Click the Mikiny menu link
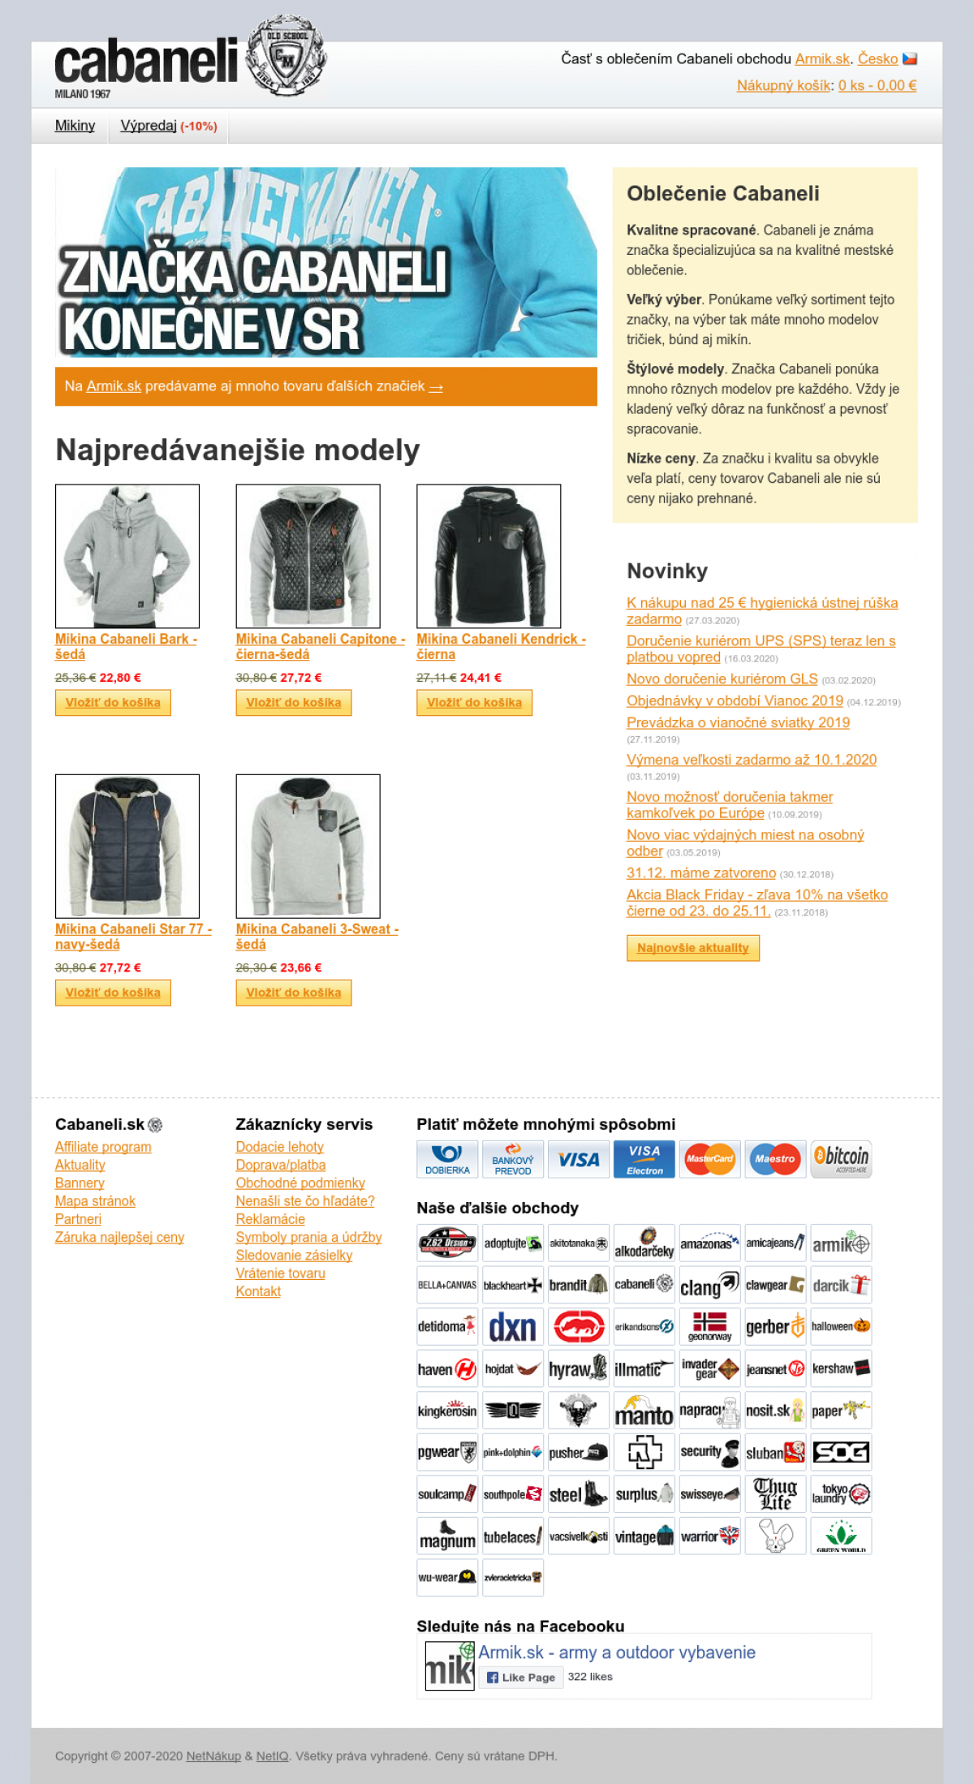[x=75, y=126]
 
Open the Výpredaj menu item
[x=149, y=126]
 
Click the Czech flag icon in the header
[x=910, y=58]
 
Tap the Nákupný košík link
[x=784, y=85]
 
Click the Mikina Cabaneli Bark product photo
[x=127, y=556]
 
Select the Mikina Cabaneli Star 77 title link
[x=133, y=937]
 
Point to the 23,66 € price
[x=301, y=967]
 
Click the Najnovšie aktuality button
[x=693, y=948]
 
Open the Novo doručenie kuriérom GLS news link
[x=722, y=679]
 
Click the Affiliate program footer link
[x=103, y=1147]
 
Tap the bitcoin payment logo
[x=841, y=1158]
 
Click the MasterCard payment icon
[x=709, y=1158]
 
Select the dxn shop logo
[x=512, y=1327]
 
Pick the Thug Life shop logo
[x=775, y=1494]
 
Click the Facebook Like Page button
[x=520, y=1677]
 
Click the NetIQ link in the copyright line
[x=272, y=1756]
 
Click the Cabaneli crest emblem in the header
[x=286, y=57]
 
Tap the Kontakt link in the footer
[x=258, y=1291]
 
